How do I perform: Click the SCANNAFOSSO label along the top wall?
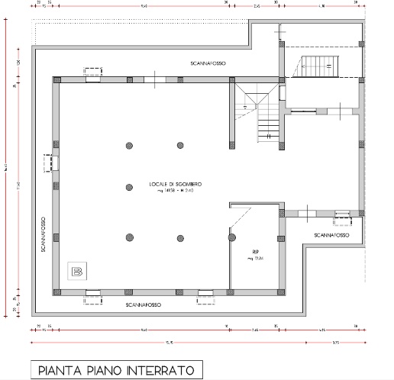click(x=209, y=60)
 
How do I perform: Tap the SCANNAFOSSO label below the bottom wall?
click(x=146, y=304)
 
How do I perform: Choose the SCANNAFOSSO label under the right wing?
click(x=330, y=236)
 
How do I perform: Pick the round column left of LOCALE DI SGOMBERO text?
click(x=130, y=185)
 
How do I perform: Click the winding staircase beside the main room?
click(x=260, y=114)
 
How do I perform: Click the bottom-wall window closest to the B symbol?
click(x=93, y=292)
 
